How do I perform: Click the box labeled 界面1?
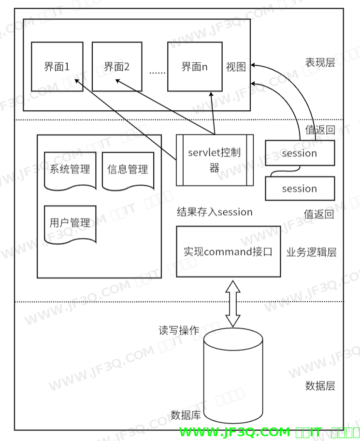[x=57, y=67]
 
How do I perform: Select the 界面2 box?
[x=117, y=67]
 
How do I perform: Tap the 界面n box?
[x=194, y=67]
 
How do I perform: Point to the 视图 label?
[x=236, y=67]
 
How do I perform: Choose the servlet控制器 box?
[x=215, y=160]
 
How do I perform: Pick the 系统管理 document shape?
[x=70, y=170]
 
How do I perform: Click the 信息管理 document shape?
[x=128, y=170]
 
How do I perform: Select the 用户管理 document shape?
[x=70, y=224]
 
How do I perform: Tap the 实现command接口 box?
[x=228, y=251]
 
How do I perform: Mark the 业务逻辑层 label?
[x=312, y=252]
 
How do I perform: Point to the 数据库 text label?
[x=186, y=415]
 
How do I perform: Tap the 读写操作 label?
[x=179, y=331]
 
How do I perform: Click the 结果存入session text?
[x=215, y=212]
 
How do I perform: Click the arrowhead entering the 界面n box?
[x=212, y=95]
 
